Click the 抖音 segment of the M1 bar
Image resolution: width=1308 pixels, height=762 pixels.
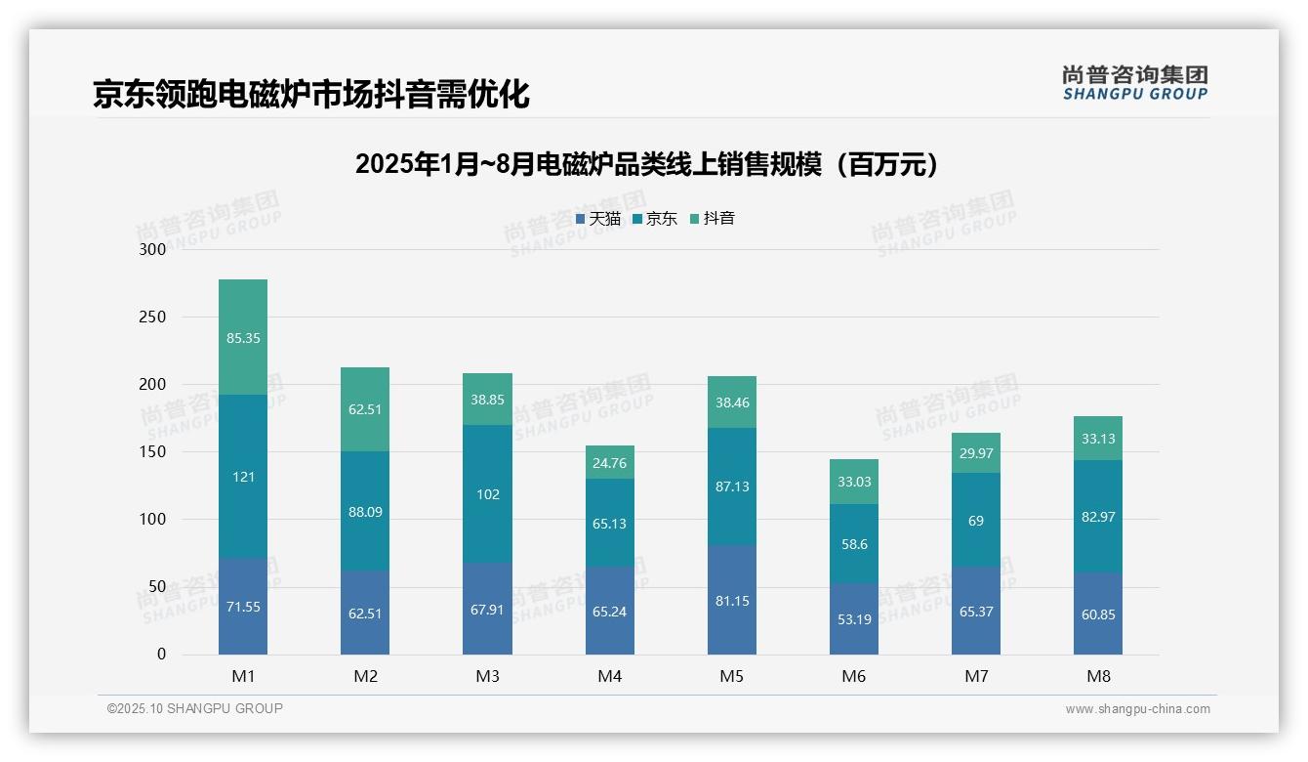(x=243, y=337)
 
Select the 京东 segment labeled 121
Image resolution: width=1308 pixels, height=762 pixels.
(x=243, y=477)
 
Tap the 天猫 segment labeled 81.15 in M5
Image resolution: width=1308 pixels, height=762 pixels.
(x=732, y=601)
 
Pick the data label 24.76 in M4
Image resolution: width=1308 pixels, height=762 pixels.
(x=609, y=463)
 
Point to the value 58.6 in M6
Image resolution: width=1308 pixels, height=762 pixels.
(x=854, y=544)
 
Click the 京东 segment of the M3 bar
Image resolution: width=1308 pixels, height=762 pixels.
(x=487, y=494)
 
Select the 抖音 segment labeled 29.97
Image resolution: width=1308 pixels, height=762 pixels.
(x=976, y=453)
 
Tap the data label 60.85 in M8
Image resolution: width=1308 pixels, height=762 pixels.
(x=1098, y=614)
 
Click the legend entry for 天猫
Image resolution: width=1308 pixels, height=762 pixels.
(x=598, y=219)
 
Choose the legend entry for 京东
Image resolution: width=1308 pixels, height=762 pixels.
(x=655, y=219)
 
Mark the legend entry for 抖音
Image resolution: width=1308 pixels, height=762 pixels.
(x=713, y=219)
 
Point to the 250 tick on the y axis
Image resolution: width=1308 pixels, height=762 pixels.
(x=152, y=317)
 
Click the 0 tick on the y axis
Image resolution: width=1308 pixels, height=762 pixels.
(x=161, y=655)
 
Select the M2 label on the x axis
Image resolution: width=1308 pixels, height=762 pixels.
(x=365, y=676)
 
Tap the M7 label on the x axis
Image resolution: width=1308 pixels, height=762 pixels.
(x=976, y=676)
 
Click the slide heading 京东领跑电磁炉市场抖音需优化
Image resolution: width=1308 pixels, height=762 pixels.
(x=310, y=95)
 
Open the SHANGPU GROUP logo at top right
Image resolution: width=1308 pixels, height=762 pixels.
(x=1134, y=83)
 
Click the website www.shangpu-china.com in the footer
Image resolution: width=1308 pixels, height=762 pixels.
(x=1137, y=709)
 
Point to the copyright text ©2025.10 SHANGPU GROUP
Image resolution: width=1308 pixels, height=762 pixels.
(x=195, y=708)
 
